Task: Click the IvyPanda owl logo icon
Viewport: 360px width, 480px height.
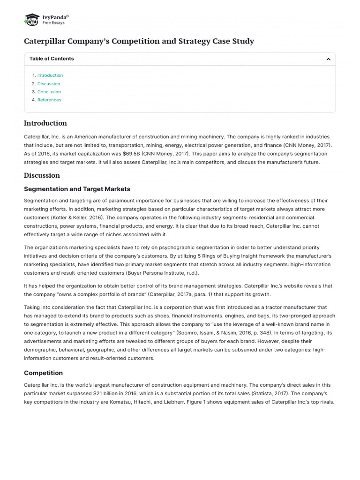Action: [x=31, y=20]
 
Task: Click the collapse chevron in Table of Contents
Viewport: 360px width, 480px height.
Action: [x=328, y=59]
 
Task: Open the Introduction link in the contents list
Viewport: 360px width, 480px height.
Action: [x=50, y=75]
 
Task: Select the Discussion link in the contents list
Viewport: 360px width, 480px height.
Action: [x=49, y=84]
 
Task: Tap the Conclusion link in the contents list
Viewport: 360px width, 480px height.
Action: [x=49, y=92]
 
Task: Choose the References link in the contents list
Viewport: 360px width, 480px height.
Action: [x=49, y=100]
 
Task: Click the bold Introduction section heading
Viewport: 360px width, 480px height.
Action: [x=45, y=123]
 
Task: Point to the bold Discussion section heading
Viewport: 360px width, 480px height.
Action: [x=42, y=175]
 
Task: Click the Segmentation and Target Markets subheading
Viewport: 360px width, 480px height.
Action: [x=77, y=189]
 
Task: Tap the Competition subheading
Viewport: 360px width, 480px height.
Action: [x=43, y=373]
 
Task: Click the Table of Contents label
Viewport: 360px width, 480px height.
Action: [x=52, y=59]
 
